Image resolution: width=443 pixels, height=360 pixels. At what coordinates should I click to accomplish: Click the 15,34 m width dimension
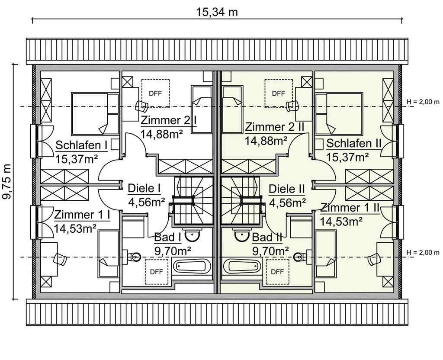point(217,12)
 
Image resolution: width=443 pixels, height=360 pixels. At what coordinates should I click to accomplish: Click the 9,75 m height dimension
point(7,181)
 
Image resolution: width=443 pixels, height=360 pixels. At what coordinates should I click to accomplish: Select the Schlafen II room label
point(353,143)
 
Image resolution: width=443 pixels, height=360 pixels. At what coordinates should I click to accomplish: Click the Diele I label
point(144,188)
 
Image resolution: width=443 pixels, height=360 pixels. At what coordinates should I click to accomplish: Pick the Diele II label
point(287,189)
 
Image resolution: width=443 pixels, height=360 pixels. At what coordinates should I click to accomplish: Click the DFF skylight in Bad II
point(278,271)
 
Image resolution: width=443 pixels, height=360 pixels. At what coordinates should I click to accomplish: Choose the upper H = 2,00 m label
point(423,102)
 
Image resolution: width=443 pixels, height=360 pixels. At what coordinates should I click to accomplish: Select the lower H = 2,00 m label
point(423,252)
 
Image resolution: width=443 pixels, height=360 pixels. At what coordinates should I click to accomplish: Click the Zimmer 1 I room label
point(81,215)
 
